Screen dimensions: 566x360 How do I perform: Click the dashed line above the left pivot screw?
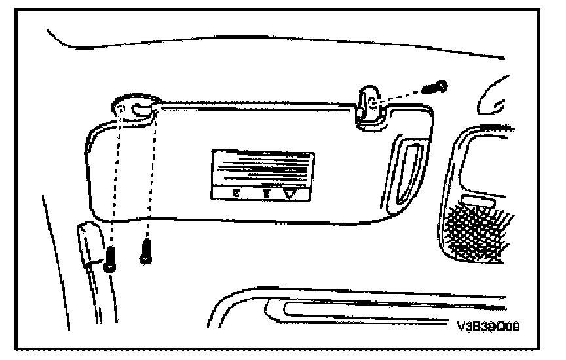click(x=115, y=183)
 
